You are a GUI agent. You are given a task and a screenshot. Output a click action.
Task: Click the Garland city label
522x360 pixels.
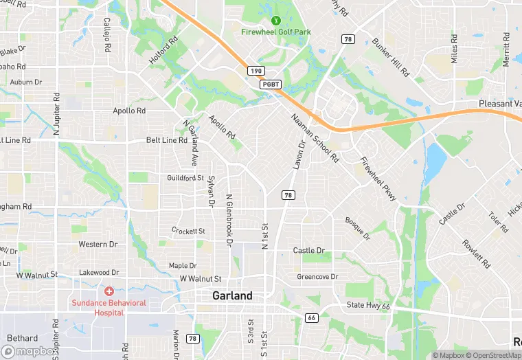tap(232, 295)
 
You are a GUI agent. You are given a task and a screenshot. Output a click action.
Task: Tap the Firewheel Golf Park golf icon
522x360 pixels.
tap(276, 21)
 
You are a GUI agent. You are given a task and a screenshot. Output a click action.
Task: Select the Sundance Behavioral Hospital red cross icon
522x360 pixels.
tap(109, 293)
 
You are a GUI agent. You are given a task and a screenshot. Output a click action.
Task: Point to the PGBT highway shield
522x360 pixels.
tap(270, 84)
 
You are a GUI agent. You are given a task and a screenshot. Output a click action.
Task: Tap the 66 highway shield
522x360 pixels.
tap(311, 317)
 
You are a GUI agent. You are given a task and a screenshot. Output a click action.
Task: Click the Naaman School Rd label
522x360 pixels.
tap(315, 137)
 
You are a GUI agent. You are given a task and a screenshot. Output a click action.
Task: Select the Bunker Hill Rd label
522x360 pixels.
tap(391, 57)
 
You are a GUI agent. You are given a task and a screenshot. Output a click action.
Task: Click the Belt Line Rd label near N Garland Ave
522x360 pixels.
tap(167, 140)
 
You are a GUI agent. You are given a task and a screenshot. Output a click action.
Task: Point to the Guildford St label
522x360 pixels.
tap(185, 178)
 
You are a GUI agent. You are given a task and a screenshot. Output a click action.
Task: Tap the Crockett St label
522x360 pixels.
tap(188, 231)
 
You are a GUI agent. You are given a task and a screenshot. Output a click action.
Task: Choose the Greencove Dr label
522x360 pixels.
tap(317, 277)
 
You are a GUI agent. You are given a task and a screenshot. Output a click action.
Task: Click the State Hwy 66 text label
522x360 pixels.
tap(368, 305)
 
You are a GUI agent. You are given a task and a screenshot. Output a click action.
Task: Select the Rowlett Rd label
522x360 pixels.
tap(475, 254)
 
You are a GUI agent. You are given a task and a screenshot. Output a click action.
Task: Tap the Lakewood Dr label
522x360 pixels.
tap(99, 273)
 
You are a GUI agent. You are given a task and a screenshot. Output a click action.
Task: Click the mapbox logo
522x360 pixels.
tap(33, 350)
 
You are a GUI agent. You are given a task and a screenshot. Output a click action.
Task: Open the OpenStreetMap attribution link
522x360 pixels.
tap(492, 355)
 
